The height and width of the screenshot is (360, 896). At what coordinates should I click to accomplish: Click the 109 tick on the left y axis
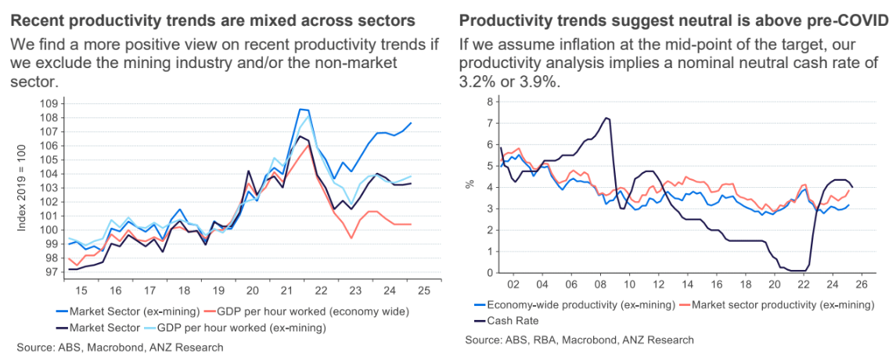click(x=50, y=104)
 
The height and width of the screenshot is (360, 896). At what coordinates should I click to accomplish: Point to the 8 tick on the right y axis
click(x=490, y=102)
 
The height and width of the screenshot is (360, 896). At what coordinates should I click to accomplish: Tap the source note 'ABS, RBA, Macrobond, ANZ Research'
click(x=579, y=340)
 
